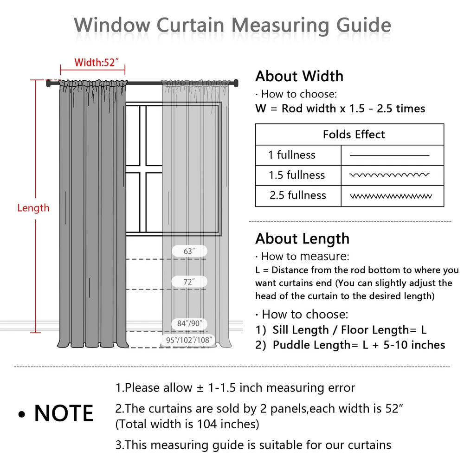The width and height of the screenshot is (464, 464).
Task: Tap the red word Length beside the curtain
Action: [33, 207]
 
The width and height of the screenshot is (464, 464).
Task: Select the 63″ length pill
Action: [189, 251]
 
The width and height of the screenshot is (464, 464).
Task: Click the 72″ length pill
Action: [189, 282]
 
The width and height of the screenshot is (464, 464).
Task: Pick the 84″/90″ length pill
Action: [189, 323]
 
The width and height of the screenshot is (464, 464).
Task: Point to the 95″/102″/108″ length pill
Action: [189, 340]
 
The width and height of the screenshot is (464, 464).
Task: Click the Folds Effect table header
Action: [354, 135]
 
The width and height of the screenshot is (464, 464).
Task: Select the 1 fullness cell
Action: [291, 155]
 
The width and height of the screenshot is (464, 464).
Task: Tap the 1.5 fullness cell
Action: [296, 175]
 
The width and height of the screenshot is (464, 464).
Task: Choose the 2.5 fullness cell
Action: [297, 195]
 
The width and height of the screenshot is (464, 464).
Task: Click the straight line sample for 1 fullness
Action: [389, 155]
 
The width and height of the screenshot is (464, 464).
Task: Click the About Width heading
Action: [299, 76]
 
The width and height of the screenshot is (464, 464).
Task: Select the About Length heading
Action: [302, 238]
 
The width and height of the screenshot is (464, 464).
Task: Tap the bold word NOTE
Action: [64, 413]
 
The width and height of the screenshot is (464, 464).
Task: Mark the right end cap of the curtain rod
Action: [236, 83]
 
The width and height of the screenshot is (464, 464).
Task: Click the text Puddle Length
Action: [311, 345]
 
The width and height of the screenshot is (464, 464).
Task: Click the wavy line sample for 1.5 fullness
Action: [389, 175]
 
